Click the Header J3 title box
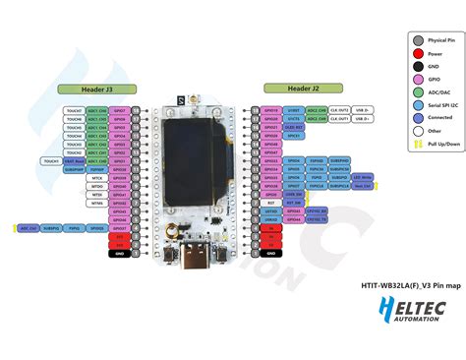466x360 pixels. (95, 90)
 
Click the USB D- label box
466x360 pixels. (362, 120)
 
